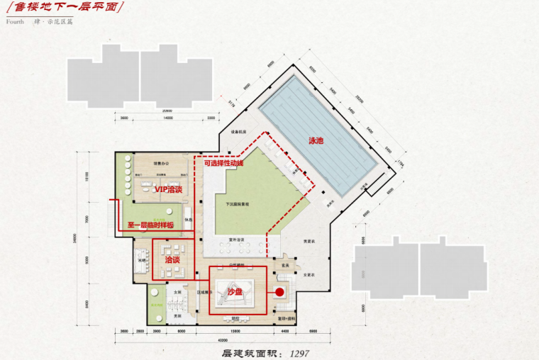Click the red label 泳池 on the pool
[x=316, y=140]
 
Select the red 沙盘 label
[x=235, y=291]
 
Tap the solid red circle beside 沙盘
[x=279, y=291]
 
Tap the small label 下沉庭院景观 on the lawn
[x=238, y=203]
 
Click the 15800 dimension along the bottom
[x=233, y=331]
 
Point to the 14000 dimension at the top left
[x=168, y=118]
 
